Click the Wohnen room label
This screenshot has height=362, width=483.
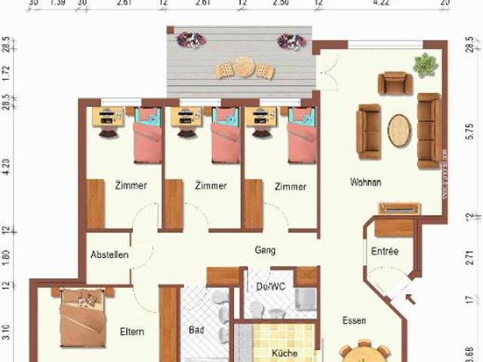pyautogui.click(x=365, y=183)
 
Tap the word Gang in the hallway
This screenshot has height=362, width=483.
pyautogui.click(x=265, y=250)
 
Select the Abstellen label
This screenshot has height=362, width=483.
pyautogui.click(x=109, y=255)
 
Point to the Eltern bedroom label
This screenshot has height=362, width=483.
pyautogui.click(x=132, y=331)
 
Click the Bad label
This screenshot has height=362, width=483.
pyautogui.click(x=197, y=331)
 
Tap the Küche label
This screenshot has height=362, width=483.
pyautogui.click(x=285, y=353)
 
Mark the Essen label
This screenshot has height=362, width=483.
pyautogui.click(x=353, y=321)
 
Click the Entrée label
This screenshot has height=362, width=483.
pyautogui.click(x=384, y=251)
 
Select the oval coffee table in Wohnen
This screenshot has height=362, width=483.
pyautogui.click(x=401, y=130)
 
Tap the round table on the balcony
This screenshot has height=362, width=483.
pyautogui.click(x=244, y=67)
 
